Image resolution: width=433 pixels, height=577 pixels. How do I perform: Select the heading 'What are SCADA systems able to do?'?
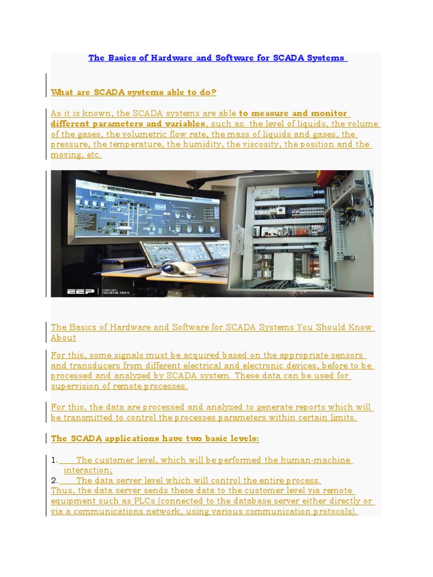tap(134, 92)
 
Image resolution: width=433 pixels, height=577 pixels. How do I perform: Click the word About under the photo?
tap(63, 338)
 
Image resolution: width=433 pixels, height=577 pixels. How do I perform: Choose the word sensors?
tap(344, 356)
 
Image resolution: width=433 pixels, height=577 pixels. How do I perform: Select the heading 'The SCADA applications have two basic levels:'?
tap(155, 438)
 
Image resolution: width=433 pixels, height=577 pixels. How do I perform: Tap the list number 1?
tap(54, 460)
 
